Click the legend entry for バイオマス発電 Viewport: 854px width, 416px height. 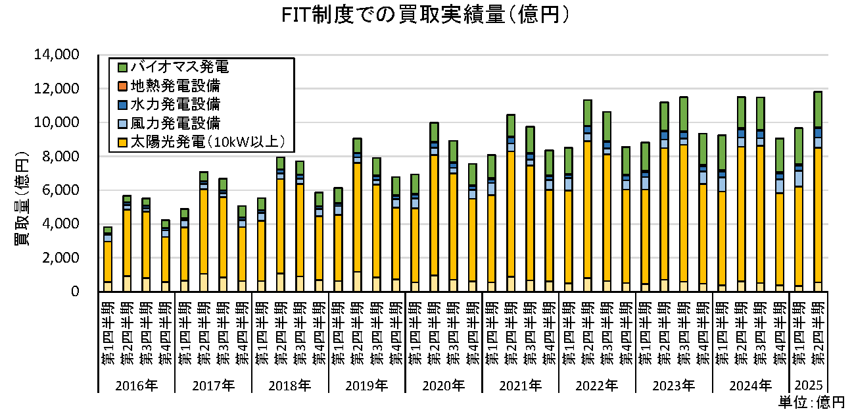coord(178,67)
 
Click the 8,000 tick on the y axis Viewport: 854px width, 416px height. coord(59,156)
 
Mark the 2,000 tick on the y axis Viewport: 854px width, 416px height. coord(59,257)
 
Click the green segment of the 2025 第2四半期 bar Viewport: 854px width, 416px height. coord(817,109)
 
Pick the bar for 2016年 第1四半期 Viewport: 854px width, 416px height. coord(107,260)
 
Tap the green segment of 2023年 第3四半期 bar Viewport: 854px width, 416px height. coord(683,113)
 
